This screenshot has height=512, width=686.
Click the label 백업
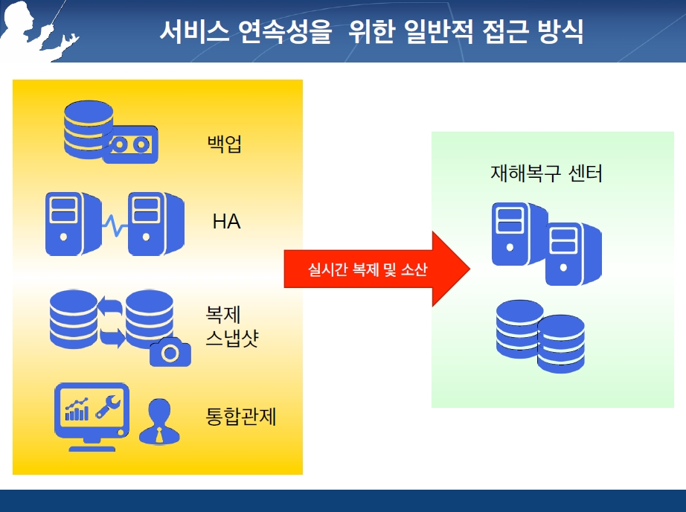[224, 144]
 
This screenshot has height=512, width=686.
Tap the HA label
[226, 222]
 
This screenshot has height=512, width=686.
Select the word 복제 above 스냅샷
[223, 314]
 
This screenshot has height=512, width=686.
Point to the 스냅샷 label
[232, 338]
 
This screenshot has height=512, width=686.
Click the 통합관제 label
[240, 416]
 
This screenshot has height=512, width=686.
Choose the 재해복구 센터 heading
[546, 173]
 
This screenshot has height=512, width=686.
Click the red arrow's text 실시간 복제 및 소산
[368, 269]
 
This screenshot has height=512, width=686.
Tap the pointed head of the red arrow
[469, 269]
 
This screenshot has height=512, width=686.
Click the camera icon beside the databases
[170, 352]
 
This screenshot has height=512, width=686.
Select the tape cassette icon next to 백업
[131, 145]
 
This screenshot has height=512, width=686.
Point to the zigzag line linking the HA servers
[115, 225]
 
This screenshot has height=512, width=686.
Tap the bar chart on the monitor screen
[77, 409]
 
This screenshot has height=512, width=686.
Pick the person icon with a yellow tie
[159, 421]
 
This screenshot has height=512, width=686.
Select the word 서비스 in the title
[194, 31]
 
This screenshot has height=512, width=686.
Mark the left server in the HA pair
[73, 223]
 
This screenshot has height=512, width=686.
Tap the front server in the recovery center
[573, 254]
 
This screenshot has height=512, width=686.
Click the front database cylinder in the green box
[561, 344]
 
